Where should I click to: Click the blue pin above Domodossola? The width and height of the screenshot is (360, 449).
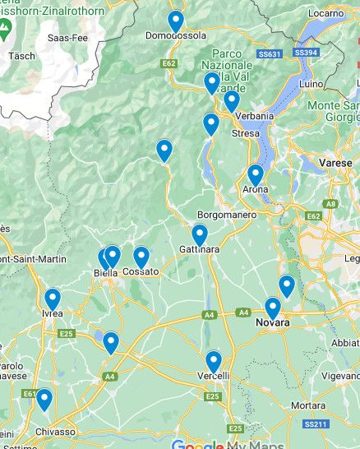[175, 21]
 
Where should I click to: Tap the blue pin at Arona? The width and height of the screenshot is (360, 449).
[255, 175]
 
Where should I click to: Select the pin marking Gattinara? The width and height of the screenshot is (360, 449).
[199, 235]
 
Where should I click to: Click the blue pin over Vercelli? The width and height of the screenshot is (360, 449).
[214, 362]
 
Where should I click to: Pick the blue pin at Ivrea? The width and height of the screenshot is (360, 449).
[53, 299]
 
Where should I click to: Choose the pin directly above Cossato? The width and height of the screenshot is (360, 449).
[141, 258]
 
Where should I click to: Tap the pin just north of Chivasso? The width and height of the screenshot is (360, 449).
[44, 400]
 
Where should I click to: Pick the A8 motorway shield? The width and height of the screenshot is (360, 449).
[330, 202]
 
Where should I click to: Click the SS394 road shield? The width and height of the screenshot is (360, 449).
[305, 52]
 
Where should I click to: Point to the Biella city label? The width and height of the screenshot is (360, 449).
[105, 273]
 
